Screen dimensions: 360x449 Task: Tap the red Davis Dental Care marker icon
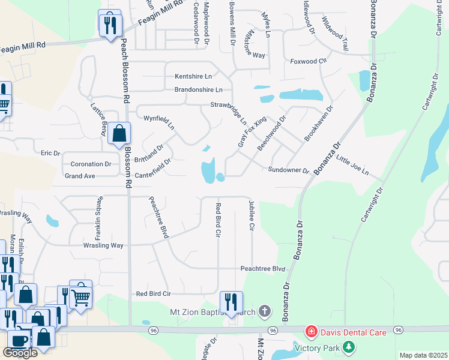[311, 331]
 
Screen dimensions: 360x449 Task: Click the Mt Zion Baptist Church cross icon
[265, 311]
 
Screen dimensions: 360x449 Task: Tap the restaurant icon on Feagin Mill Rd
[110, 24]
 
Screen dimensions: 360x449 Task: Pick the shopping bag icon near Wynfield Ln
[119, 134]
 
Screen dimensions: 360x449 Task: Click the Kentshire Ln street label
[193, 76]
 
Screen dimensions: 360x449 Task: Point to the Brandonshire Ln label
[198, 90]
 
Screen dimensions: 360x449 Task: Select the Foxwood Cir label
[307, 61]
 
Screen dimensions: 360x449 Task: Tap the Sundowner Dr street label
[288, 170]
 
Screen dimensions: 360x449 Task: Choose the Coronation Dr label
[91, 164]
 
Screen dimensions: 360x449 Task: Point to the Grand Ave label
[80, 176]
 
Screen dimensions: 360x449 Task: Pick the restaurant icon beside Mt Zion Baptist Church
[231, 301]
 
